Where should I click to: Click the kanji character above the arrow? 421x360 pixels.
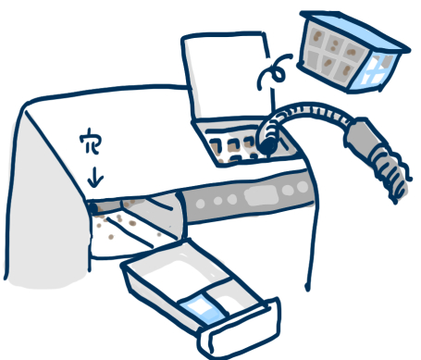(x=90, y=142)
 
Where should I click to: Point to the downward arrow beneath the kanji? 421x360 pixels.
(x=95, y=177)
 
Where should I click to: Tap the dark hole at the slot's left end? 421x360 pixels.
(x=93, y=208)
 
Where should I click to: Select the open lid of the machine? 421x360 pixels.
(x=228, y=76)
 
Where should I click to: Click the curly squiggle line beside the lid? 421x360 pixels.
(x=273, y=71)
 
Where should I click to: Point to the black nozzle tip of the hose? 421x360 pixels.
(x=267, y=145)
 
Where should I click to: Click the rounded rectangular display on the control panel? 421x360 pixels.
(x=261, y=195)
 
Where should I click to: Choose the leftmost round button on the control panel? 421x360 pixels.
(x=201, y=204)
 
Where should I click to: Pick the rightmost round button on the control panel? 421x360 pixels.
(x=303, y=187)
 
